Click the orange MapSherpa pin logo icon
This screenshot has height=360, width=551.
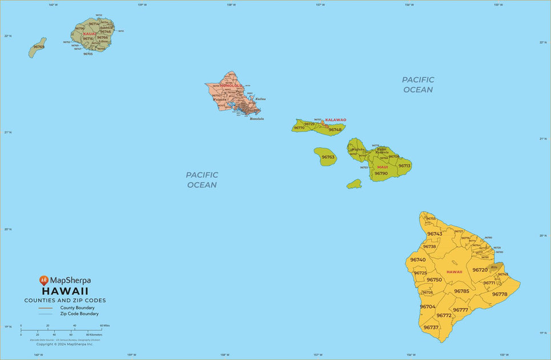tap(44, 281)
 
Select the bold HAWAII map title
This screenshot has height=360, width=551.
tap(65, 291)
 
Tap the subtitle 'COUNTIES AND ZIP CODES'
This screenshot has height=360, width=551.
tap(65, 300)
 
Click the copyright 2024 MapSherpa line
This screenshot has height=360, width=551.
tap(65, 344)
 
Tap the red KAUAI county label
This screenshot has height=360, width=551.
tap(90, 34)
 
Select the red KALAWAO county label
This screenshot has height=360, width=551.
tap(336, 120)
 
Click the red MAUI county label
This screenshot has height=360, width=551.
tap(383, 167)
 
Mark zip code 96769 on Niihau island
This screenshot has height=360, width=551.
tap(39, 47)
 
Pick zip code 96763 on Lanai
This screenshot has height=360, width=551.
tap(328, 157)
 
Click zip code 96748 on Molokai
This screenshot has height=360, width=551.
tap(335, 130)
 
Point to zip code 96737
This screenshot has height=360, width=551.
tap(431, 327)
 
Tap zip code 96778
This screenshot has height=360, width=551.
tap(500, 294)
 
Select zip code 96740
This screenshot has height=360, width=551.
tap(418, 260)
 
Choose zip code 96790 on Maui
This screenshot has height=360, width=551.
tap(381, 173)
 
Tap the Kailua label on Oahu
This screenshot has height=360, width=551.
tap(260, 99)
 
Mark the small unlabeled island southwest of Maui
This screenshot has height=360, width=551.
tap(354, 184)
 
